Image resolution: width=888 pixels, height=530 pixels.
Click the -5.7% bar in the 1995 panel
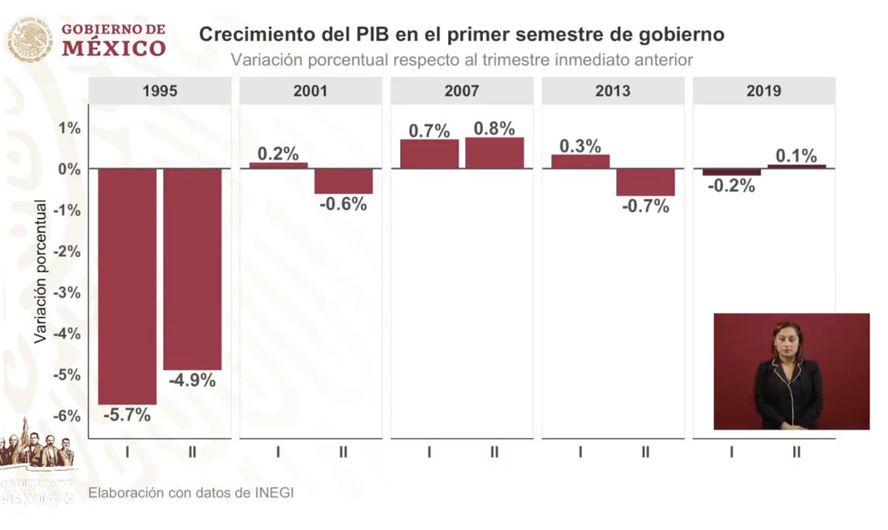[127, 286]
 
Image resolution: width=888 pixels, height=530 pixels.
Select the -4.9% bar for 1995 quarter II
[193, 269]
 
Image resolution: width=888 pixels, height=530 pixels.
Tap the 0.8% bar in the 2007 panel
[494, 153]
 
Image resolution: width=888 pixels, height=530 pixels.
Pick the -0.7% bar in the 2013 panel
[645, 182]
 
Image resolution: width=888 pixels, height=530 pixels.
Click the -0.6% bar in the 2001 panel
[343, 181]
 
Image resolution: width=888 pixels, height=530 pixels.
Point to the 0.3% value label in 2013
[580, 146]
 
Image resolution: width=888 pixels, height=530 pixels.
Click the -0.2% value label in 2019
[731, 187]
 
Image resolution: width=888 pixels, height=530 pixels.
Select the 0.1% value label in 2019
[796, 156]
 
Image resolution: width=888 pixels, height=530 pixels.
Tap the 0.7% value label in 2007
[429, 131]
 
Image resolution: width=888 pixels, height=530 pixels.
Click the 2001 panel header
[310, 92]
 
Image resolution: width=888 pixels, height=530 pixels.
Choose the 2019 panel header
[764, 92]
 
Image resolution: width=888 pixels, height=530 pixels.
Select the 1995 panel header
[159, 92]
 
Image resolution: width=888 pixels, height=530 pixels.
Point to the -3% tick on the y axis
[68, 292]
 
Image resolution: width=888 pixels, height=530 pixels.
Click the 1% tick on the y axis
[70, 128]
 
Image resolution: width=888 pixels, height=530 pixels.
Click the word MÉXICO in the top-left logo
[113, 49]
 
